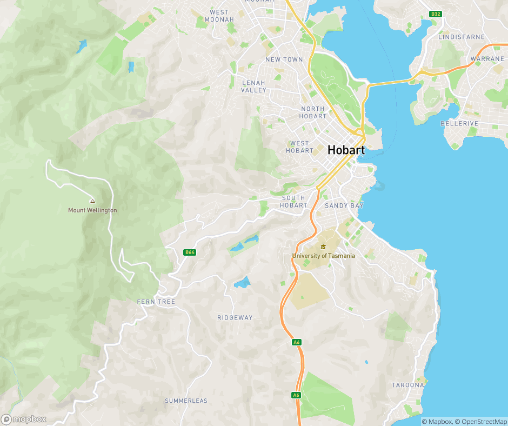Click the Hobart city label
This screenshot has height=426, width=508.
[x=346, y=150]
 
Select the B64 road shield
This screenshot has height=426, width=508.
[x=189, y=252]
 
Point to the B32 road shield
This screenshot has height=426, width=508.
[x=436, y=14]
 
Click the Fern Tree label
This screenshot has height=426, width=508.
[x=156, y=302]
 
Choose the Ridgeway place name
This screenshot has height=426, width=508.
[x=235, y=318]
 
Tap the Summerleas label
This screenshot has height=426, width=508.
[x=186, y=401]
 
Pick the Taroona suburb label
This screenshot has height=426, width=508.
[x=407, y=385]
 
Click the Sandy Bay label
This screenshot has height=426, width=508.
[x=344, y=206]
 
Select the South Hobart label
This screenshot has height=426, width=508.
[x=293, y=202]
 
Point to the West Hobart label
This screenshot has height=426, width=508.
[x=299, y=147]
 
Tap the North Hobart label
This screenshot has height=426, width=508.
[x=313, y=112]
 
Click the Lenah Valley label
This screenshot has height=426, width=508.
[x=254, y=86]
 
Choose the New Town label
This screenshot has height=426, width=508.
[x=284, y=59]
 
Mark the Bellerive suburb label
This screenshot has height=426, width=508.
[x=459, y=124]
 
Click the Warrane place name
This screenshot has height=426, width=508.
[x=487, y=59]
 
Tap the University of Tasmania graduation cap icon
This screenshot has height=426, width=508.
[x=323, y=247]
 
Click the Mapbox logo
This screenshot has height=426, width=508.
[x=24, y=419]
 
